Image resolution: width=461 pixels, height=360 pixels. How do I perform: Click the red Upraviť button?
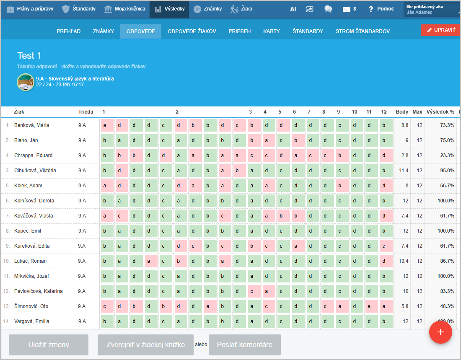[441, 30]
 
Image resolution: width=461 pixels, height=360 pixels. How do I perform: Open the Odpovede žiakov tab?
[192, 31]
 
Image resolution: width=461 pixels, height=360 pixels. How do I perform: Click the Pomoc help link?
[381, 9]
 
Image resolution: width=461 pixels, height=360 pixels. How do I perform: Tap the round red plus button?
[440, 332]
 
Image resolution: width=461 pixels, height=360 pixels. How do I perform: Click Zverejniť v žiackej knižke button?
[146, 345]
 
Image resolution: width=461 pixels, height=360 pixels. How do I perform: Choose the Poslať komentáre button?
[245, 345]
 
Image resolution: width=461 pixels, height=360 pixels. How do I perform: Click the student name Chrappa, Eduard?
[34, 155]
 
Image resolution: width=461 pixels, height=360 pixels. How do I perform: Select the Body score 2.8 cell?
[404, 155]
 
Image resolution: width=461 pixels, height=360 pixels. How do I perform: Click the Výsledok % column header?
[440, 112]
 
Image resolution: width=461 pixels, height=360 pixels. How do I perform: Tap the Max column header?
[417, 112]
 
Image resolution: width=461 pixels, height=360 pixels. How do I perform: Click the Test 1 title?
[29, 56]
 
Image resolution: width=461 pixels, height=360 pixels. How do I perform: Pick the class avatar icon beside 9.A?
[26, 82]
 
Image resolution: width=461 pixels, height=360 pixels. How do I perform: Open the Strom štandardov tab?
[363, 31]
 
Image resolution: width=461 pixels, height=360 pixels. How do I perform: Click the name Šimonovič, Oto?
[31, 306]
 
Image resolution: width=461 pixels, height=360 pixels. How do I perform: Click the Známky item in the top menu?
[208, 9]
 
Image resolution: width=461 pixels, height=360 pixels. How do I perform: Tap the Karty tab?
[272, 31]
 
